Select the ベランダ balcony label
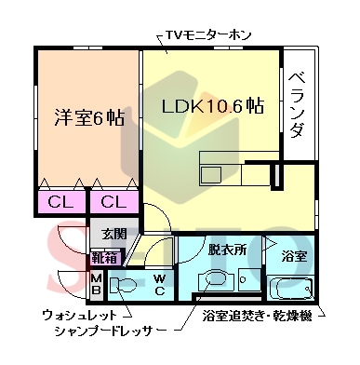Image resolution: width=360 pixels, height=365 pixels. click(296, 103)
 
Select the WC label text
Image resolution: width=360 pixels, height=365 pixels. click(159, 282)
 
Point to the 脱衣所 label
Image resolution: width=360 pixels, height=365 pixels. click(226, 250)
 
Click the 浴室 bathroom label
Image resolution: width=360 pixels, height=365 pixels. click(293, 255)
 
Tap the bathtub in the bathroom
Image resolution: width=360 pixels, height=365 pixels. click(292, 287)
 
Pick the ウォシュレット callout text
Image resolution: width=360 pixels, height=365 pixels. click(78, 315)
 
